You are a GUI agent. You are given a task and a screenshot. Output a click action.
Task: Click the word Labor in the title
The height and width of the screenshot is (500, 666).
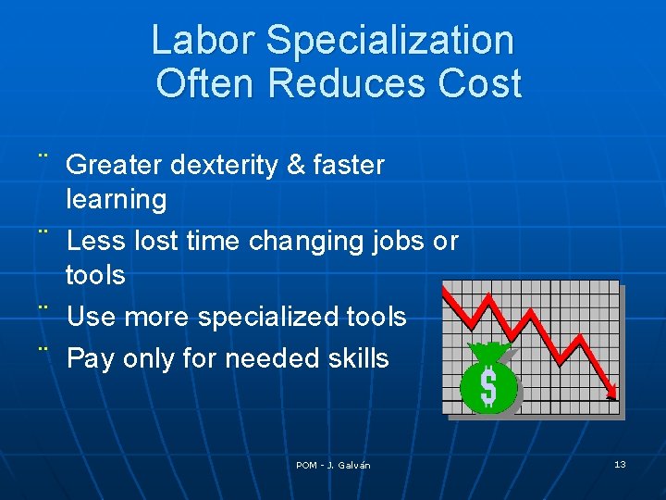[x=202, y=41]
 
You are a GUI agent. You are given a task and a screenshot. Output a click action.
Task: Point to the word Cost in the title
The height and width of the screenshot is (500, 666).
[x=481, y=83]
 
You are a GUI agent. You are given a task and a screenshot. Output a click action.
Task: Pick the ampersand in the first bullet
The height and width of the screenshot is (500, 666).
[x=296, y=166]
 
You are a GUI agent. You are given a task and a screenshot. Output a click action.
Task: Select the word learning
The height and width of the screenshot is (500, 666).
[x=117, y=199]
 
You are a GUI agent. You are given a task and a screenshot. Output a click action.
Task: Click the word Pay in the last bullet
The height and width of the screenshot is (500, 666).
[x=91, y=359]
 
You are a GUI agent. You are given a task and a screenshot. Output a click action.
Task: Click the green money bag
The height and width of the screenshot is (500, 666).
[x=488, y=380]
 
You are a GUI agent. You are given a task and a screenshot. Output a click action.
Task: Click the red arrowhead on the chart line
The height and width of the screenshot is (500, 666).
[x=611, y=392]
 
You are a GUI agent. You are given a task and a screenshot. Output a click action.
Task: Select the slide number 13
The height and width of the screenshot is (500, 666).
[x=620, y=464]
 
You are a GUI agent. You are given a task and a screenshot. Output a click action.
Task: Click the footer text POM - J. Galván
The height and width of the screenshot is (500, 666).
[x=333, y=465]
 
